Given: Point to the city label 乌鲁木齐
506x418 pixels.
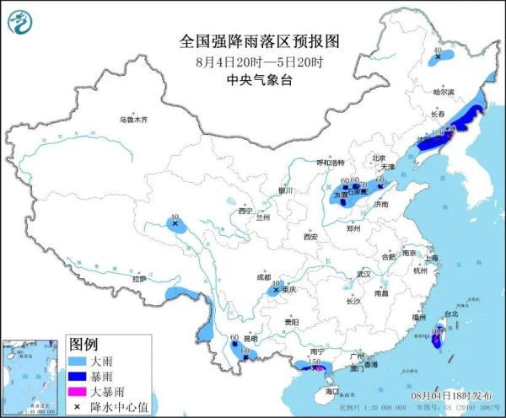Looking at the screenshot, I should [x=132, y=120].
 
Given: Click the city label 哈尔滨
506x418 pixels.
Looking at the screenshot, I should [x=443, y=91].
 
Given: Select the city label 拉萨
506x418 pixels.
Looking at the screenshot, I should [x=139, y=278].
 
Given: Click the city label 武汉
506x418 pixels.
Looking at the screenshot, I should [x=363, y=275].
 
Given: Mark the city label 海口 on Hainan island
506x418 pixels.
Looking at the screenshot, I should [x=331, y=392].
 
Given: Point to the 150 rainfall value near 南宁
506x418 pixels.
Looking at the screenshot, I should [x=313, y=361].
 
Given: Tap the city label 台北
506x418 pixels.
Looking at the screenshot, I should [x=449, y=314].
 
